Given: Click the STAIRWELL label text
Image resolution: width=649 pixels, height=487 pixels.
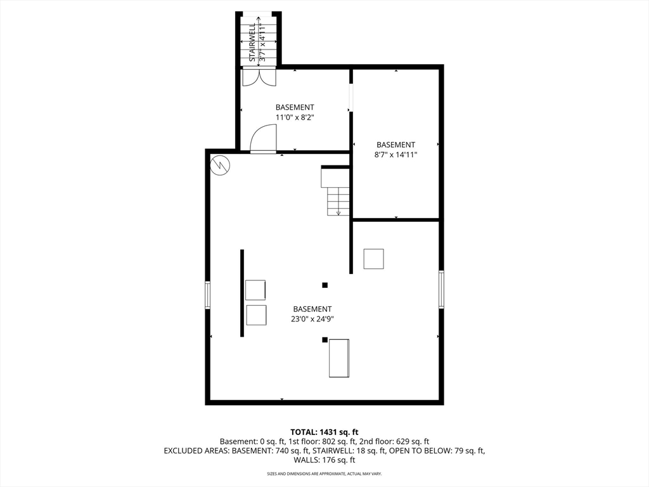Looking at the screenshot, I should tap(252, 42).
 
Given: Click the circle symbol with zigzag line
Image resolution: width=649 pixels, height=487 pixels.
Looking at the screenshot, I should tap(221, 165).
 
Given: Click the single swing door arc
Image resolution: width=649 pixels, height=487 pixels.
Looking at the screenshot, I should tap(262, 139).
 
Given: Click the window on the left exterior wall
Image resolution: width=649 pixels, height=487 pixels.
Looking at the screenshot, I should tap(208, 295).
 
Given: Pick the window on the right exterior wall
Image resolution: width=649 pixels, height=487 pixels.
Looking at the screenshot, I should tap(441, 289).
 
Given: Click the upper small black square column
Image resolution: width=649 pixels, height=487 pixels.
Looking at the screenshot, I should tap(325, 285).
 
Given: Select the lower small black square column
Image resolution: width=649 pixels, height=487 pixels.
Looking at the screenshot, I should tap(325, 340).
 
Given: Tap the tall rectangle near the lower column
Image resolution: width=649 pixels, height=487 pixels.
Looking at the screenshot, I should tap(339, 358).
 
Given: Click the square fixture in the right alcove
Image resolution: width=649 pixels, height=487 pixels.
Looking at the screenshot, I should tap(373, 259).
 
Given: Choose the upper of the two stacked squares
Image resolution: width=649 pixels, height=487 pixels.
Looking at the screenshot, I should tap(255, 290).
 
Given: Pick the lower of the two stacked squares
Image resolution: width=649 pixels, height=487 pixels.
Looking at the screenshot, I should tap(255, 315).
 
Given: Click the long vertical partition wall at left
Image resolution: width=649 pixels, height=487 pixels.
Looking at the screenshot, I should tap(241, 293).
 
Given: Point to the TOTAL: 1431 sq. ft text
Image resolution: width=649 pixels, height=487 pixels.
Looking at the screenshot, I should tap(324, 432).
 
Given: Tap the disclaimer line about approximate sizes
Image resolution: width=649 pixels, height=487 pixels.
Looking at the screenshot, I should tap(324, 474).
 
